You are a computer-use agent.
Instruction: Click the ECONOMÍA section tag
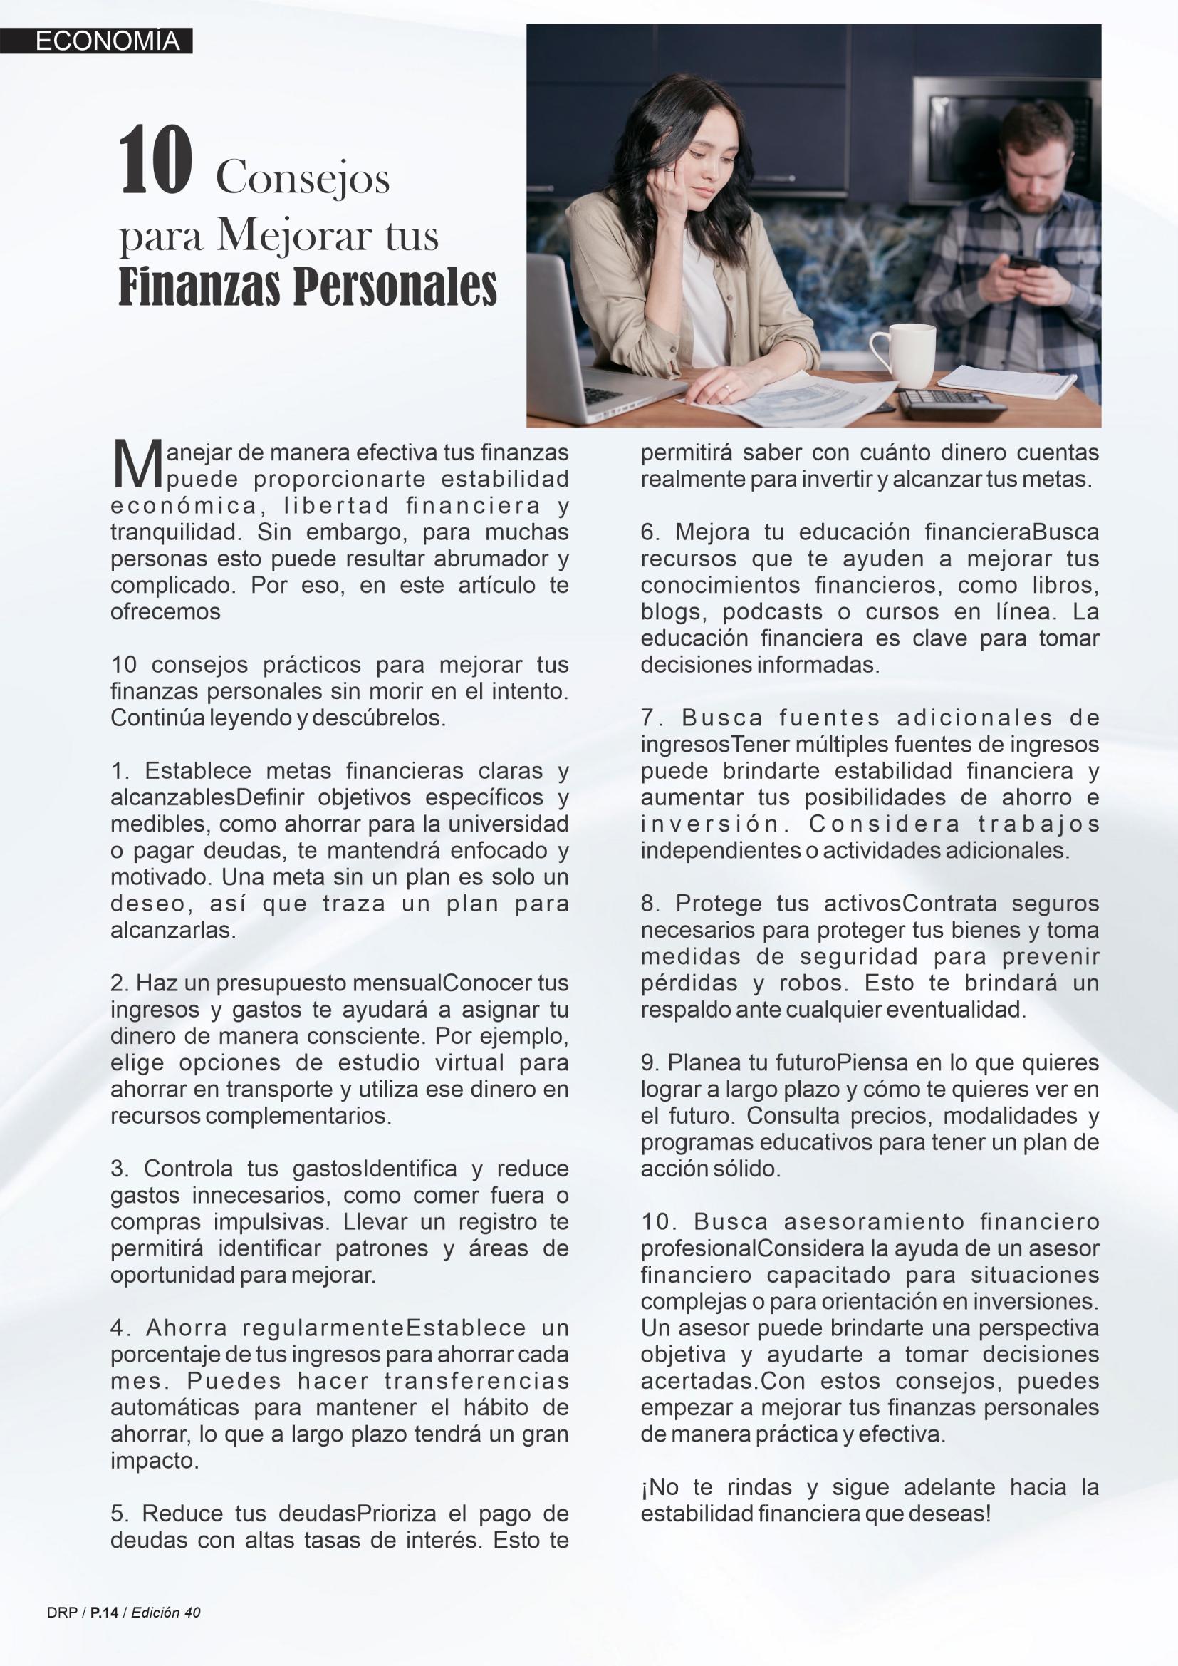(107, 41)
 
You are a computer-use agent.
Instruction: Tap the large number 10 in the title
(155, 162)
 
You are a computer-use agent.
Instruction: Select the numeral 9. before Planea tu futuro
(650, 1063)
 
